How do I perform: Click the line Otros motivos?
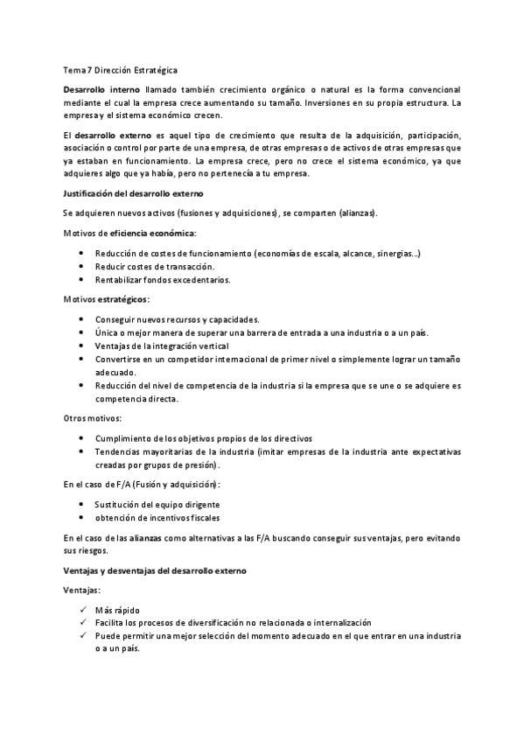tap(93, 418)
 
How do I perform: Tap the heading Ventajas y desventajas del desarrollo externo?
tap(156, 570)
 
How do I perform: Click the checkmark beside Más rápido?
tap(81, 610)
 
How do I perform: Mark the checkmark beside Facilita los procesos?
tap(81, 622)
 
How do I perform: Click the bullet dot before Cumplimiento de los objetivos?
tap(81, 438)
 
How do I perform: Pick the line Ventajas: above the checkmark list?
tap(82, 591)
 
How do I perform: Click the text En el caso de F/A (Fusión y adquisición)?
tap(143, 484)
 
